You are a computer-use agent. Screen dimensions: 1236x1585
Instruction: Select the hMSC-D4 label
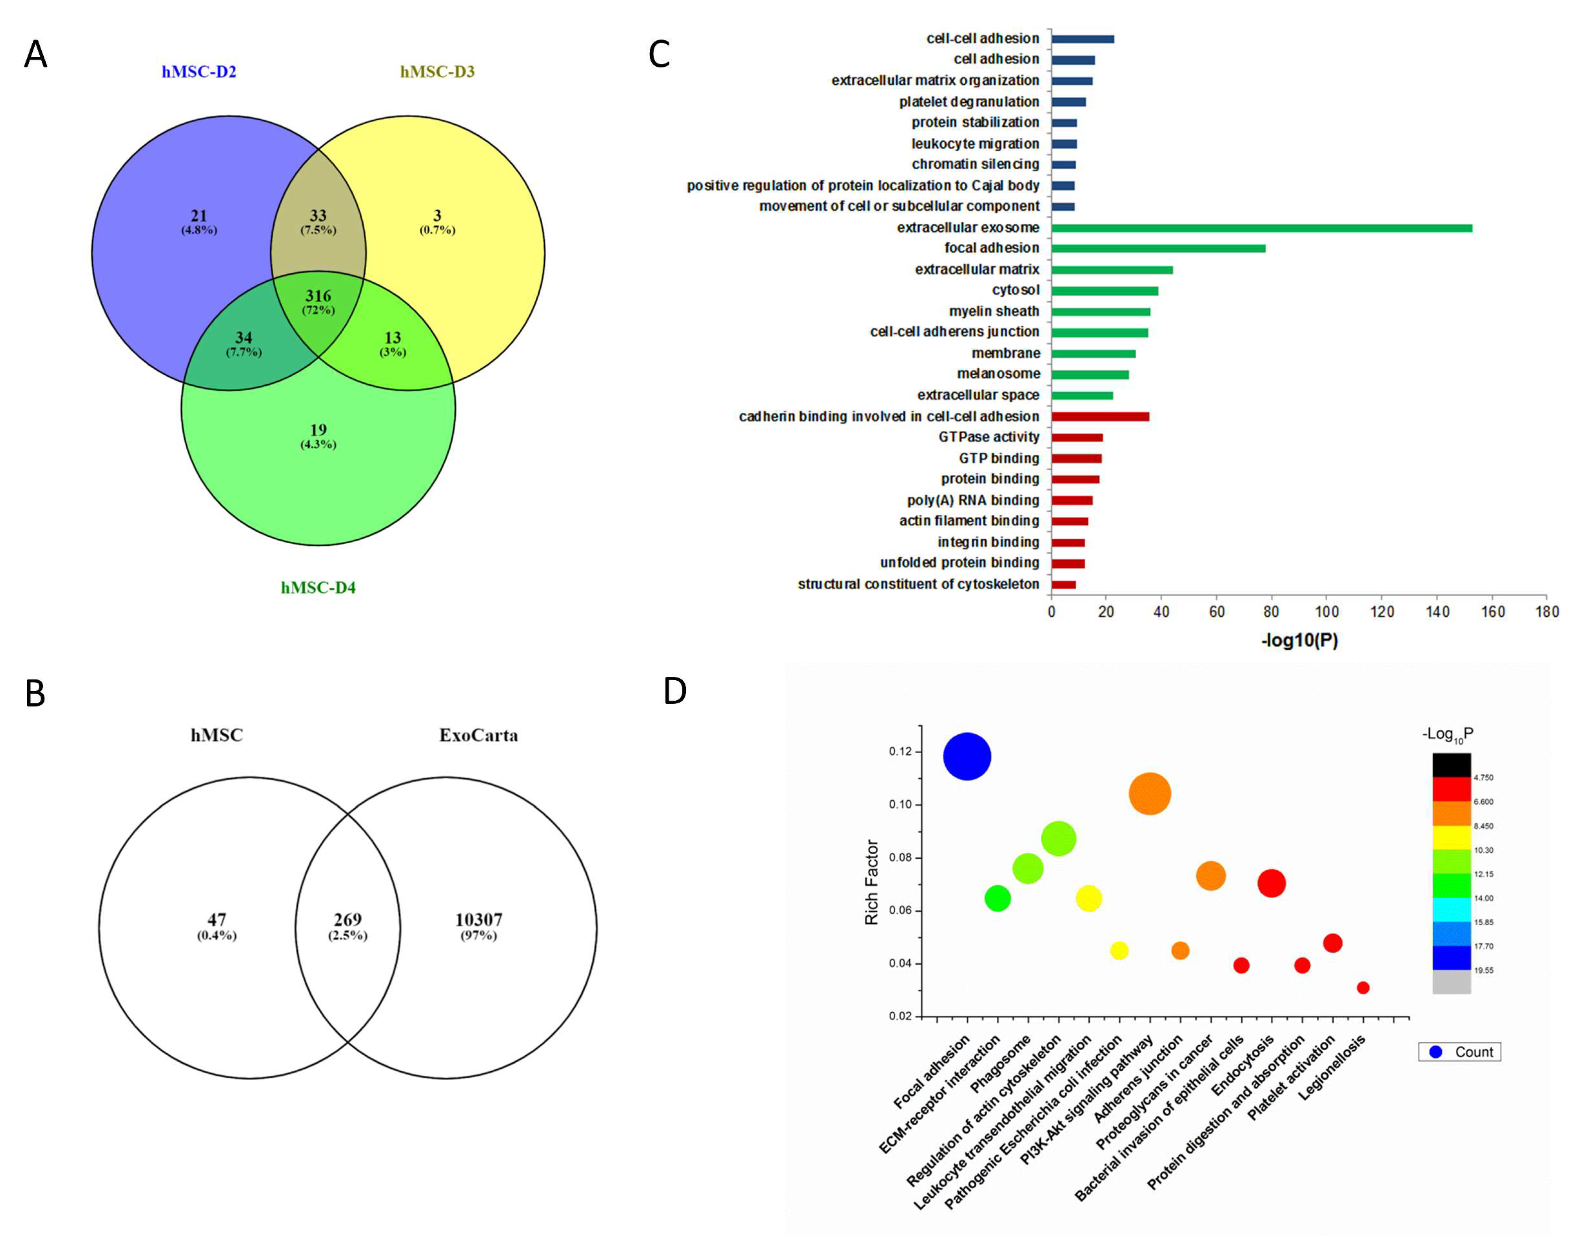[318, 587]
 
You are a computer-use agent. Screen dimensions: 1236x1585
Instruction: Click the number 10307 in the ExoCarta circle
[478, 920]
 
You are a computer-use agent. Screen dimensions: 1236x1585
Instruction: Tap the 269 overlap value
[347, 920]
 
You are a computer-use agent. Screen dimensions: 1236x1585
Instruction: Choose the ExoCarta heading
[478, 736]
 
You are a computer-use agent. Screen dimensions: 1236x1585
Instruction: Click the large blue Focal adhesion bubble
[967, 756]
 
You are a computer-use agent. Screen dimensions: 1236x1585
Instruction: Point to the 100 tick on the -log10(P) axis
[1327, 612]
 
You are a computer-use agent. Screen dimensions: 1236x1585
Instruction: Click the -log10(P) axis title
[1299, 640]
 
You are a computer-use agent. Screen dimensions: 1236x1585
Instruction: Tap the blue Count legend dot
[1435, 1052]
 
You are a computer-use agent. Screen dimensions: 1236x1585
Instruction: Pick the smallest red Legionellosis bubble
[1363, 987]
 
